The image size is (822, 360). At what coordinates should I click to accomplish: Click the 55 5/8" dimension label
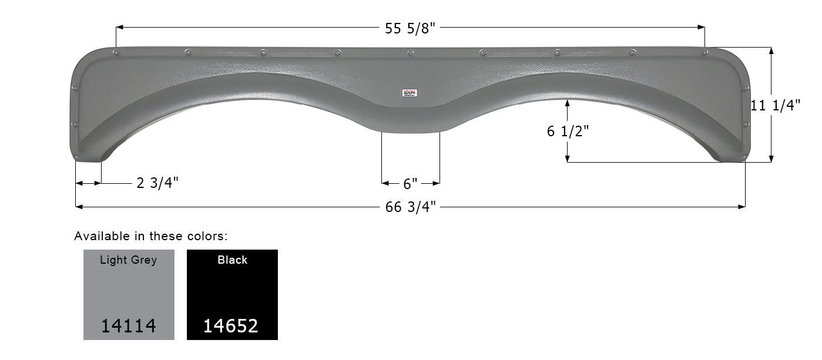pyautogui.click(x=410, y=28)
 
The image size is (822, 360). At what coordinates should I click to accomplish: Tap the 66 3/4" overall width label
pyautogui.click(x=410, y=207)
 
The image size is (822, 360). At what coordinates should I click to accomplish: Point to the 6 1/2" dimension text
pyautogui.click(x=568, y=132)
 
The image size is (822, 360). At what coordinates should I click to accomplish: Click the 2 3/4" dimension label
pyautogui.click(x=157, y=183)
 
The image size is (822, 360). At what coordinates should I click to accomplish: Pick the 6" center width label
pyautogui.click(x=410, y=184)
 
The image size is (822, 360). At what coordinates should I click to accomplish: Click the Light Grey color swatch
pyautogui.click(x=129, y=294)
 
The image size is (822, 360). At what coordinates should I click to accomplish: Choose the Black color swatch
pyautogui.click(x=232, y=294)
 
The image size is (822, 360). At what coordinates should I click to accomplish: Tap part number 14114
pyautogui.click(x=129, y=325)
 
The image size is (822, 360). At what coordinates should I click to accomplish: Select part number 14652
pyautogui.click(x=231, y=325)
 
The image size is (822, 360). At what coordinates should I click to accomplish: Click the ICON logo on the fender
pyautogui.click(x=410, y=92)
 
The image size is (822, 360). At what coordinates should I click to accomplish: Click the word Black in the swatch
pyautogui.click(x=232, y=260)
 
